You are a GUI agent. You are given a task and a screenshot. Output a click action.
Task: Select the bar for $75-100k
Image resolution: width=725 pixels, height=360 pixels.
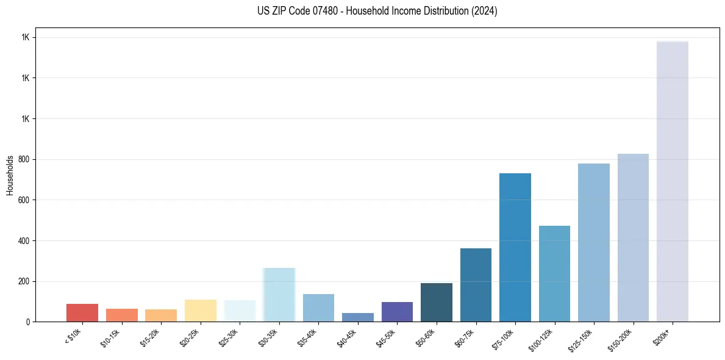[x=515, y=247]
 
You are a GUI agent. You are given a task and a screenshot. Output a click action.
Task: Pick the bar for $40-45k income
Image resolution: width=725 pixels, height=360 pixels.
[x=358, y=317]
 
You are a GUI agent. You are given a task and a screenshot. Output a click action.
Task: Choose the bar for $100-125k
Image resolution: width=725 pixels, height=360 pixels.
[x=554, y=273]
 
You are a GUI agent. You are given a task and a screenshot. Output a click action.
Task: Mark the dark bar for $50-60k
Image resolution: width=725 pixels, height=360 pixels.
[x=436, y=302]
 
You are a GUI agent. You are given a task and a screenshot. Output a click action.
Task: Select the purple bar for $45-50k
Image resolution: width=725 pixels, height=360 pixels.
[x=397, y=312]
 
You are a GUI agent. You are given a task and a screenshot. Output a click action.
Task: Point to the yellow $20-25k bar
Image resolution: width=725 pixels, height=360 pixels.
[x=200, y=311]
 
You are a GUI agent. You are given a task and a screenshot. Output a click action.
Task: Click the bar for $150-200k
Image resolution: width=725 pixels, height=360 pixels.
[x=633, y=237]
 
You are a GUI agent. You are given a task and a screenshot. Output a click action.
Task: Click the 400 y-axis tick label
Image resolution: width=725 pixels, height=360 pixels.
[x=24, y=240]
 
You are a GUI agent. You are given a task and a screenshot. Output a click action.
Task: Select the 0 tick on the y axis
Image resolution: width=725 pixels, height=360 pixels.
[x=28, y=322]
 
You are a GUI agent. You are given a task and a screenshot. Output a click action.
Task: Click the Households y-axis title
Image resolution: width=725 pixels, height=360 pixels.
[x=10, y=175]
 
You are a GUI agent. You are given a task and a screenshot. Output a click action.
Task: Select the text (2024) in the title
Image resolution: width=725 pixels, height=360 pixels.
[x=484, y=11]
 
